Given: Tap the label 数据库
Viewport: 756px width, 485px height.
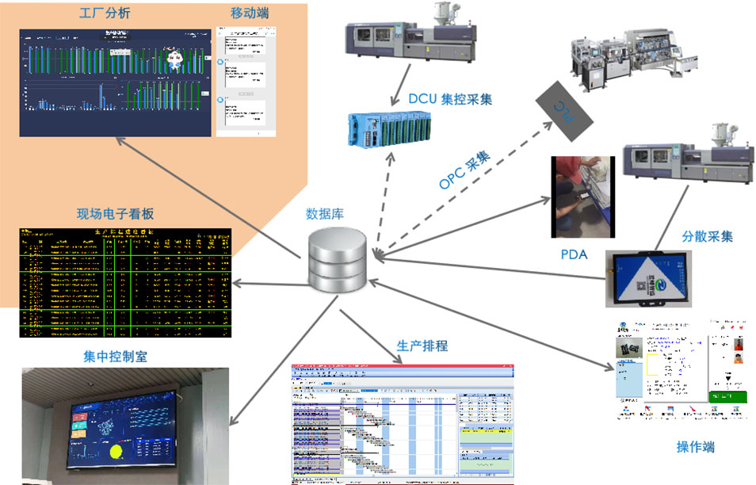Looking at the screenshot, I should pyautogui.click(x=325, y=214).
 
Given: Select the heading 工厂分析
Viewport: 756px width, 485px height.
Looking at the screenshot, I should pyautogui.click(x=105, y=14).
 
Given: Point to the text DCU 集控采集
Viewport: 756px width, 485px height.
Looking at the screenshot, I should pyautogui.click(x=450, y=99).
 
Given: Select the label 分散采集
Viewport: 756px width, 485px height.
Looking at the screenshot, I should pyautogui.click(x=707, y=236).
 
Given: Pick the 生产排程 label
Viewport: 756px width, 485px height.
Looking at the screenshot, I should pyautogui.click(x=422, y=346).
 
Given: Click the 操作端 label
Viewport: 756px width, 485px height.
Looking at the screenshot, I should pyautogui.click(x=695, y=447).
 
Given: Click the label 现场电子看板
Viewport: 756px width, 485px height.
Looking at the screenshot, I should pyautogui.click(x=115, y=214).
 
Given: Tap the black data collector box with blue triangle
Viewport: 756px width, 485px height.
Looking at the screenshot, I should pyautogui.click(x=649, y=279).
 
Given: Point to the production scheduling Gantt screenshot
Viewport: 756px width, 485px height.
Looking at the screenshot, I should pyautogui.click(x=402, y=423).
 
